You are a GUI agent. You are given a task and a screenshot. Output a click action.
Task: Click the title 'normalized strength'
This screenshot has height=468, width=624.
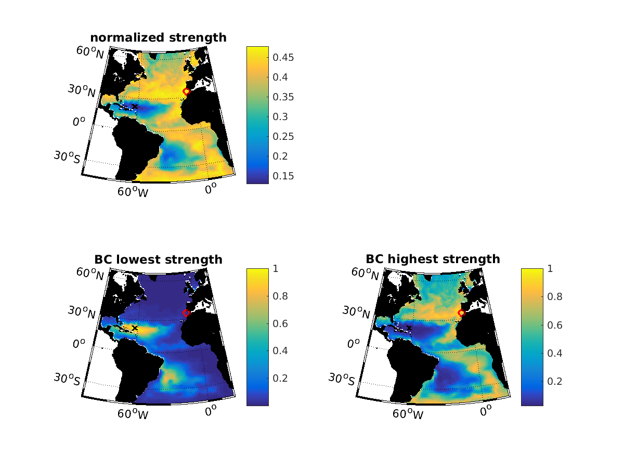(158, 37)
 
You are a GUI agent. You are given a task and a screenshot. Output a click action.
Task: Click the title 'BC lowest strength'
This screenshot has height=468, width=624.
(158, 259)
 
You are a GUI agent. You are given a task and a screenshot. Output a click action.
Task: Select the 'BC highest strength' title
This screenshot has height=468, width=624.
(433, 259)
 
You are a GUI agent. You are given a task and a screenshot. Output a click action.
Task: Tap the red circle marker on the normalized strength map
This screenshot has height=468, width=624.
(186, 92)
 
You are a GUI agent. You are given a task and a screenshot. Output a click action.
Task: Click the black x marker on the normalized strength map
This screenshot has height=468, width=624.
(135, 106)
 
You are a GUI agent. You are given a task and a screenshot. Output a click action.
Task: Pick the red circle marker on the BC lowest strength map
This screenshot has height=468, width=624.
(186, 313)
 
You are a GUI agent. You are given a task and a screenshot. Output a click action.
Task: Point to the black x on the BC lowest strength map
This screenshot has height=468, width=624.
(135, 328)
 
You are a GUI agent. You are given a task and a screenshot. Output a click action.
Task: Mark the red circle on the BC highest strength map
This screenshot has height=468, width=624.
(461, 313)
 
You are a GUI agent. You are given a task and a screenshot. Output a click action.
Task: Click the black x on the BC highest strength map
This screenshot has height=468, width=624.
(409, 328)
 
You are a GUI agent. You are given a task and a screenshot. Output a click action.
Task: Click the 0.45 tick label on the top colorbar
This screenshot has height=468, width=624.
(284, 58)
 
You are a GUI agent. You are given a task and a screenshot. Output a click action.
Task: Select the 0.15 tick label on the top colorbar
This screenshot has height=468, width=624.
(284, 176)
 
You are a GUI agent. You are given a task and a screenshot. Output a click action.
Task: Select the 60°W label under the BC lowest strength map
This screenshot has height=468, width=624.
(133, 414)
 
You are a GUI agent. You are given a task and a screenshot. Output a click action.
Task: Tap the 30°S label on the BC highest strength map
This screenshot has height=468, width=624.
(342, 380)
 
